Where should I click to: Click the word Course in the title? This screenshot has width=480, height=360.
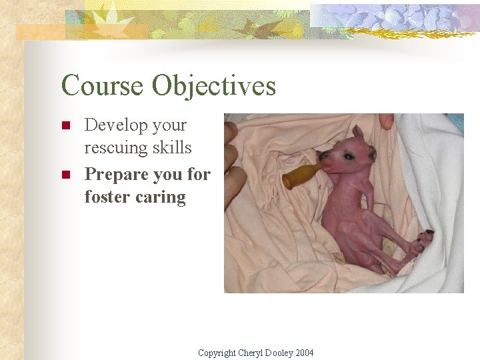click(x=101, y=86)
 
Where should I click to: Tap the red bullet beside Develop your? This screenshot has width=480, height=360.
click(x=65, y=125)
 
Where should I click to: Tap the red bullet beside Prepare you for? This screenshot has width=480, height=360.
click(x=65, y=175)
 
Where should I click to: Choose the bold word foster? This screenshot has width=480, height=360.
click(x=107, y=197)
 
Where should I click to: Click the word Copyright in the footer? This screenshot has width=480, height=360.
click(x=217, y=353)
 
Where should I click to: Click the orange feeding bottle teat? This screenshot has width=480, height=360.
click(x=297, y=176)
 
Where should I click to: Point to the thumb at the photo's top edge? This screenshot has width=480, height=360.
click(x=385, y=121)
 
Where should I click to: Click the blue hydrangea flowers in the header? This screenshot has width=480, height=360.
click(x=393, y=17)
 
